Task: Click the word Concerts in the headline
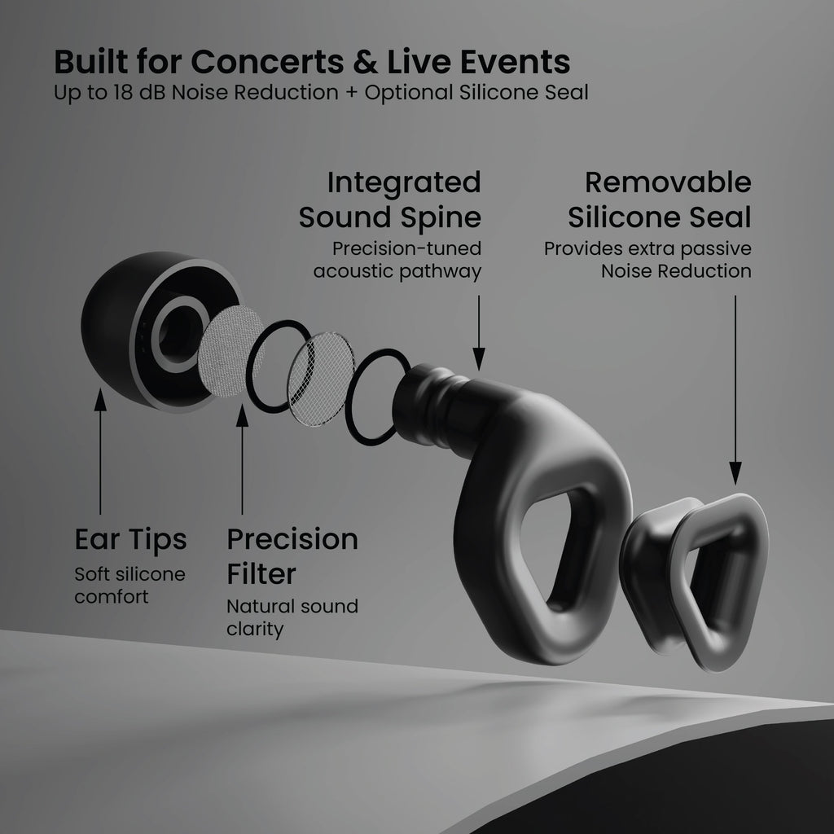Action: (x=267, y=62)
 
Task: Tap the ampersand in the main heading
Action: (x=366, y=62)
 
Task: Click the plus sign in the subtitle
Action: (x=351, y=93)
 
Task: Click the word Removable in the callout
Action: (x=668, y=182)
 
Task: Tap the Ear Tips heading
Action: (x=131, y=539)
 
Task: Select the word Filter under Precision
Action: (x=261, y=574)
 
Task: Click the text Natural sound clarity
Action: (x=292, y=617)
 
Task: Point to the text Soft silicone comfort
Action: (x=129, y=585)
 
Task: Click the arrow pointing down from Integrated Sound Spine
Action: (x=479, y=333)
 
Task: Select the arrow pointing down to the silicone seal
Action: (x=735, y=390)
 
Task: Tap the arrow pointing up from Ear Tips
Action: (x=100, y=451)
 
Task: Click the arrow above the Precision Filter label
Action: (x=242, y=459)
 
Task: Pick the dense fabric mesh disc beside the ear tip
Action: (x=230, y=351)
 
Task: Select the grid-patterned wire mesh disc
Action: (x=321, y=379)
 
